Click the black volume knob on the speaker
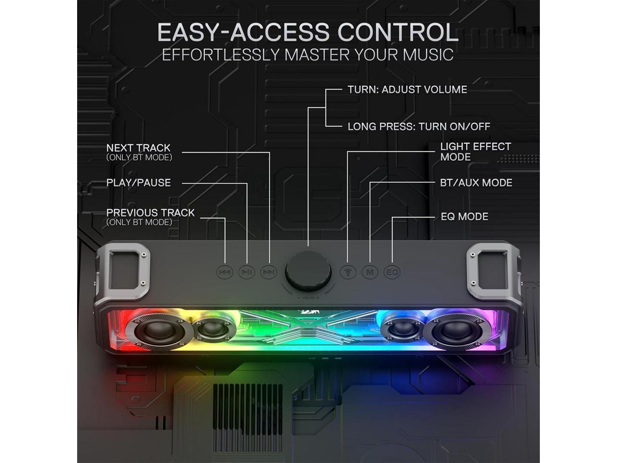click(x=308, y=271)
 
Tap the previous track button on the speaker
click(x=225, y=272)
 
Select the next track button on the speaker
click(x=269, y=272)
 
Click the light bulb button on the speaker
click(x=348, y=272)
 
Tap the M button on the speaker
click(x=370, y=272)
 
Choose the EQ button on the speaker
click(x=392, y=272)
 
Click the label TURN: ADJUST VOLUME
click(x=407, y=90)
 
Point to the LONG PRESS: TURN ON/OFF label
click(x=419, y=127)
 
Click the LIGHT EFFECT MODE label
click(x=475, y=151)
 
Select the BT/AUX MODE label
click(x=476, y=183)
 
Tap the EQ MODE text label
click(x=464, y=217)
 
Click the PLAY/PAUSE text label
click(x=138, y=183)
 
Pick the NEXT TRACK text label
click(x=138, y=148)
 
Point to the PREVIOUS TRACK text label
click(x=150, y=213)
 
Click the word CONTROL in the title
click(x=398, y=33)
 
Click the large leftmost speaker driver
click(x=155, y=331)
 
